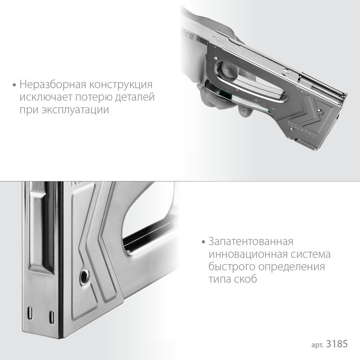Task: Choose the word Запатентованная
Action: point(251,241)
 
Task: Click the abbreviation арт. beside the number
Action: point(318,345)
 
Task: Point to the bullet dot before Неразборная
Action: point(14,85)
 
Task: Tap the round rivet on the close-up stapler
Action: point(85,276)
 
